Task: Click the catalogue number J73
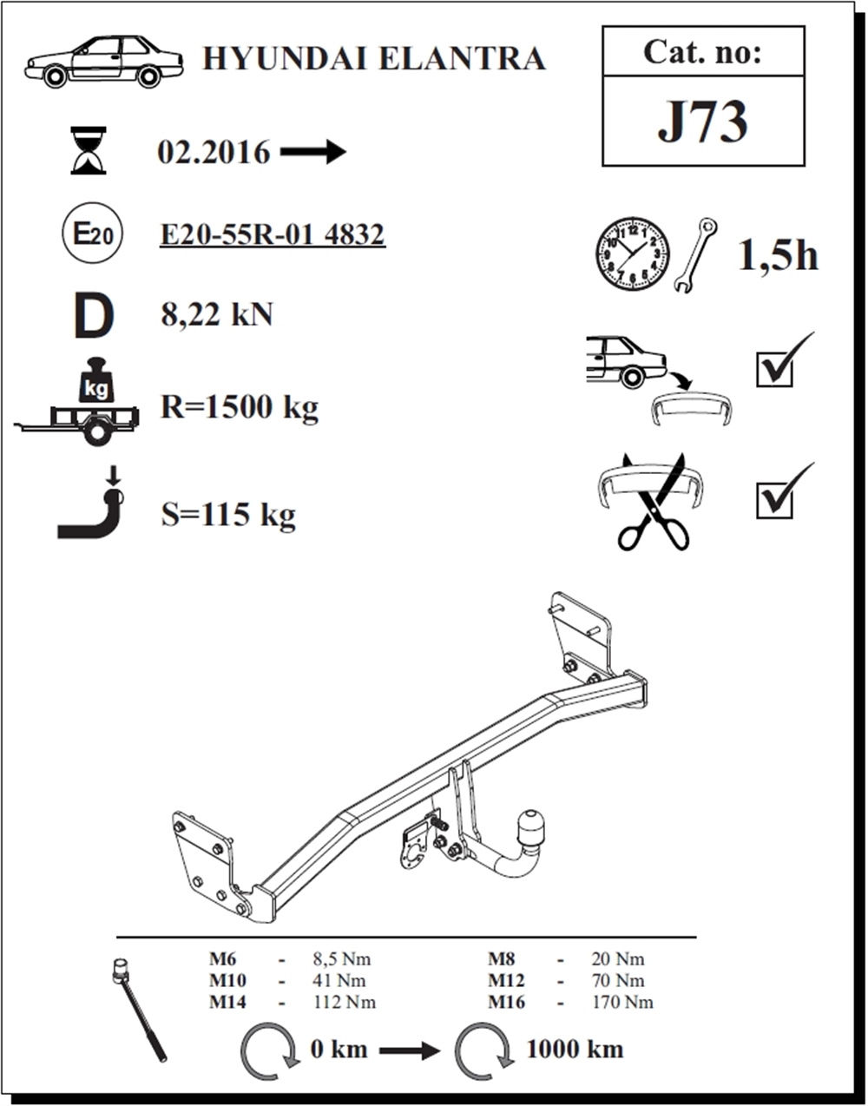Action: [702, 122]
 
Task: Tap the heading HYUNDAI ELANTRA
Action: [374, 58]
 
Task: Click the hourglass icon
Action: [89, 151]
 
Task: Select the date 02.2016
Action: [214, 152]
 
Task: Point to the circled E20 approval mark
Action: [92, 233]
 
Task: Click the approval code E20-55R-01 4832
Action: [273, 234]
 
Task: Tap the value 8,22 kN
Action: [217, 314]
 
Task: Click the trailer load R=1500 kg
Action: [240, 407]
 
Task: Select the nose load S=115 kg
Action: [228, 515]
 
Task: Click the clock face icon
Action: [633, 254]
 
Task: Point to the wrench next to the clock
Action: [695, 254]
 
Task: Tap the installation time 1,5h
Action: [778, 255]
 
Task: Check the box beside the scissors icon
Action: [774, 501]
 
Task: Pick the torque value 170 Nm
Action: [622, 1002]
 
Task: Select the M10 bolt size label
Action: [228, 980]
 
